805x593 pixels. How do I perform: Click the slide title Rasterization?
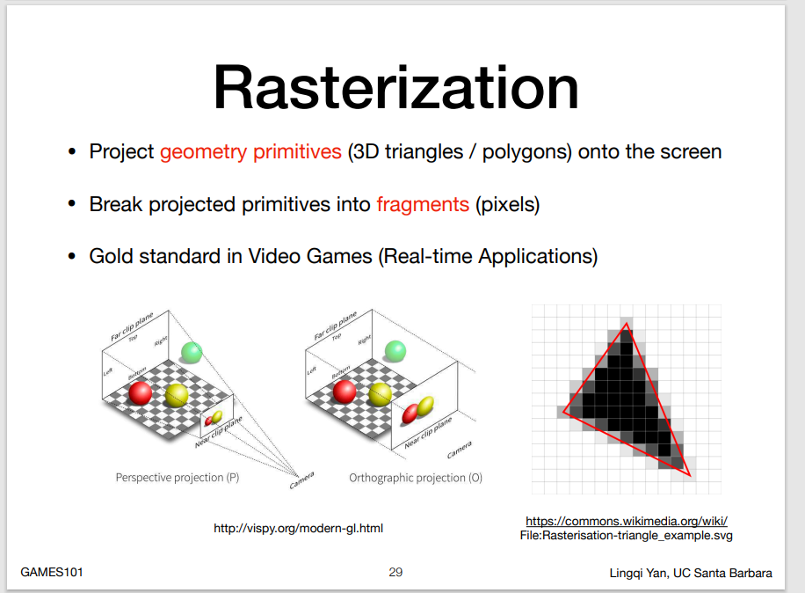tap(395, 87)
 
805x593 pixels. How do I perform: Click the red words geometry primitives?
tap(250, 151)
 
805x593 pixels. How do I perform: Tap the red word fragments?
tap(423, 204)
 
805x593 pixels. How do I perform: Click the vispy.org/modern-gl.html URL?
tap(298, 528)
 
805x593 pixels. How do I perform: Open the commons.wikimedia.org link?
tap(627, 521)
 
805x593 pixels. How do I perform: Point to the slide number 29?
tap(395, 572)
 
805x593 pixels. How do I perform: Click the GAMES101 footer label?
tap(51, 572)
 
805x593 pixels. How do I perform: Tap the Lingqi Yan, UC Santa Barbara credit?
tap(691, 573)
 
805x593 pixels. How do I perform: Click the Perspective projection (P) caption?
tap(178, 478)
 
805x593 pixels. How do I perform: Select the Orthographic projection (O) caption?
tap(416, 478)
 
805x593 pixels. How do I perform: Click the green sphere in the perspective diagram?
tap(192, 353)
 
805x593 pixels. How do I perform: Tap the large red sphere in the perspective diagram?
tap(140, 393)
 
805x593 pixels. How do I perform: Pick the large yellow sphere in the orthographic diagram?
tap(380, 395)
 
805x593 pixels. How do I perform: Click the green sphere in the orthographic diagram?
tap(395, 351)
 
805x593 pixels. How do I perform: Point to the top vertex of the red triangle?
tap(627, 324)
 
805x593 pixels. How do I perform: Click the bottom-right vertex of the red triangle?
tap(690, 476)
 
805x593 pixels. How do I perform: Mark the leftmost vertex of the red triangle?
tap(563, 412)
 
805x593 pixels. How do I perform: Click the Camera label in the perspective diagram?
tap(301, 480)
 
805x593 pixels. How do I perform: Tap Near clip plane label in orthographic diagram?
tap(428, 432)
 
